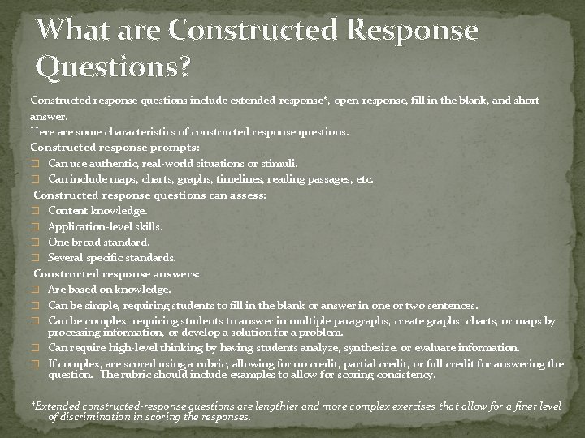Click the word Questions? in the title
point(114,69)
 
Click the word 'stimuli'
point(278,163)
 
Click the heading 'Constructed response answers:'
point(116,274)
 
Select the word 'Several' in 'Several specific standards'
point(67,258)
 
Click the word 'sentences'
point(450,306)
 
